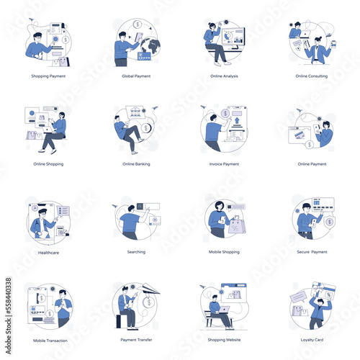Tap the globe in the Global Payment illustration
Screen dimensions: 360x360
[150, 46]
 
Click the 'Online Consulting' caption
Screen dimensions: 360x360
[312, 76]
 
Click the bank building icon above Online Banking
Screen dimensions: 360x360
[135, 113]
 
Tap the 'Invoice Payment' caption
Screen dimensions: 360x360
[223, 164]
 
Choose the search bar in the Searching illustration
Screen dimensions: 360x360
[145, 207]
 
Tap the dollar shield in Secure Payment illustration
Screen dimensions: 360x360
[329, 222]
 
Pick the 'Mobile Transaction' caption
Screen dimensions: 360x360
[49, 340]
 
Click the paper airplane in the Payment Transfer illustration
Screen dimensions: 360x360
[149, 289]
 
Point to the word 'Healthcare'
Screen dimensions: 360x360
[48, 252]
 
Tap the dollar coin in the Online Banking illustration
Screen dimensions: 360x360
[146, 128]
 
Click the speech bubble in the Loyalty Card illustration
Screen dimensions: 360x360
[298, 297]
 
